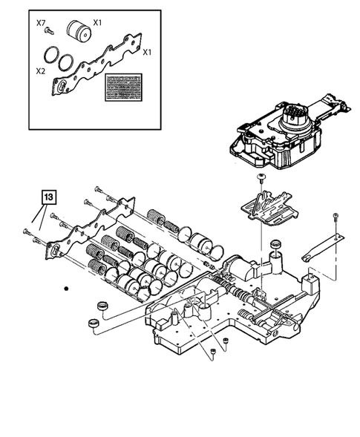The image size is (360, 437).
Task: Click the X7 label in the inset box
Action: pos(41,23)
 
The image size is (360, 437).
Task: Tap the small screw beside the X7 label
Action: pos(48,32)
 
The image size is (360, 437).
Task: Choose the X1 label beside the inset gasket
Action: pos(147,53)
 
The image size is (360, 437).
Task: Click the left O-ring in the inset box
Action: pos(51,56)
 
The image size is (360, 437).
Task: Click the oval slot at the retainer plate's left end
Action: pos(55,250)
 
